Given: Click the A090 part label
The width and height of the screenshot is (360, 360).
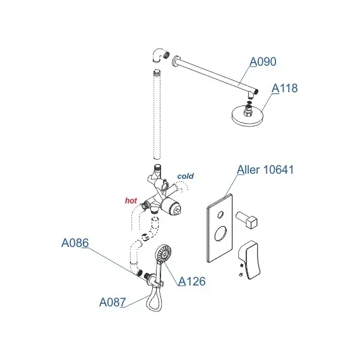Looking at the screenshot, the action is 263,61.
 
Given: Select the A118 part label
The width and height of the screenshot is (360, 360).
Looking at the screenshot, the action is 285,88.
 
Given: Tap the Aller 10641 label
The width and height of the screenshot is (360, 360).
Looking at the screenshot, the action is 265,170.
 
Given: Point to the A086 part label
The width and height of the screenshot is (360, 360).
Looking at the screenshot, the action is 75,243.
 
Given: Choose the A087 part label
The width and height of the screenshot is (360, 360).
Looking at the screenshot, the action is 112,302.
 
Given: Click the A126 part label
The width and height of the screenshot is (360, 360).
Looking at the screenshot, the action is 192,281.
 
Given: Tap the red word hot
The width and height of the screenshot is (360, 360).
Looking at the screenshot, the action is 131,201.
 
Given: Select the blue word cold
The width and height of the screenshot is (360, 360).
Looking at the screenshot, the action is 186,176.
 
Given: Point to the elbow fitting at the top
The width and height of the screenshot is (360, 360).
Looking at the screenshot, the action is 159,55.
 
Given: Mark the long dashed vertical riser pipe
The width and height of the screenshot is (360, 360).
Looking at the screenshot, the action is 157,114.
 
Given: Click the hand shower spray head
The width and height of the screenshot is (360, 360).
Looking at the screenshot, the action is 164,253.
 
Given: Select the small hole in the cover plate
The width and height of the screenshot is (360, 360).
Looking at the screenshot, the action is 220,215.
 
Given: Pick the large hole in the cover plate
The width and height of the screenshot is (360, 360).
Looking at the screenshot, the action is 220,233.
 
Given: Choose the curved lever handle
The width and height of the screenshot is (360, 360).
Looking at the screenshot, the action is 249,260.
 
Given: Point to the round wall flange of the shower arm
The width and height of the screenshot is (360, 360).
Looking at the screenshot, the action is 175,61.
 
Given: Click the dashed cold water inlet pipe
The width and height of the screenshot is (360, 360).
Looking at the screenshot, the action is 181,186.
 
